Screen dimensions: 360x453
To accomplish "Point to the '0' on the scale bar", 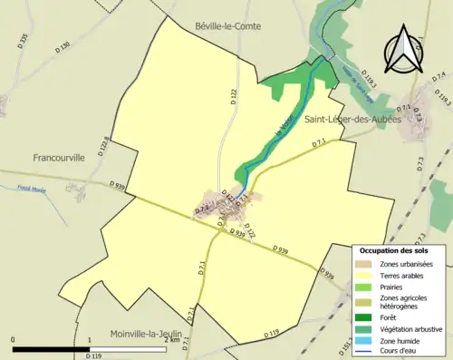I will click(14, 339).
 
